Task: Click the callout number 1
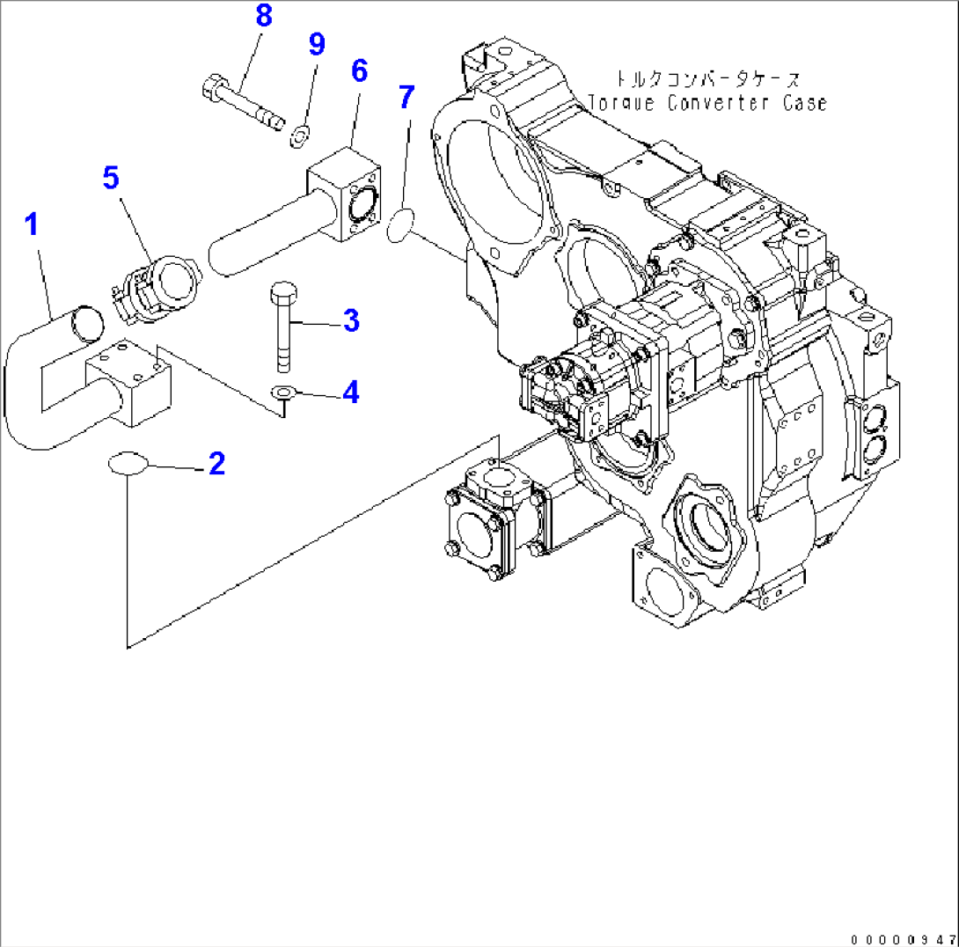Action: click(x=32, y=225)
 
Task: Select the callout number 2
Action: click(x=216, y=464)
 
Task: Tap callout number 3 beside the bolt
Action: click(x=351, y=321)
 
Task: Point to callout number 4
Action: click(x=351, y=393)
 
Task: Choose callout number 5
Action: click(x=110, y=177)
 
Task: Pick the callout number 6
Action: click(x=359, y=71)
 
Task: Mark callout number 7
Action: click(x=405, y=97)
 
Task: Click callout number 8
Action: click(x=263, y=15)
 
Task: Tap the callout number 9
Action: click(x=317, y=44)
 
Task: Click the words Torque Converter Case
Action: click(x=707, y=103)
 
